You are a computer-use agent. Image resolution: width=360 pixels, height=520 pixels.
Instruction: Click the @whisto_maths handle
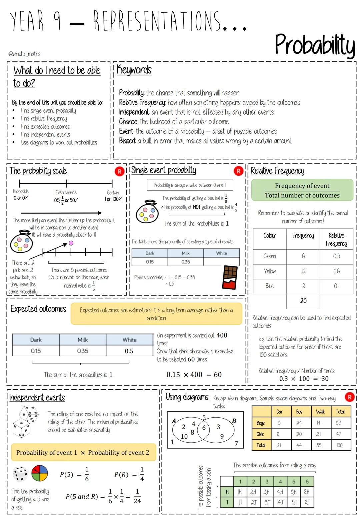pos(24,54)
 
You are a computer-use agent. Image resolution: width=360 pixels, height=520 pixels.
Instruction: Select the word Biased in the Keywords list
pos(127,141)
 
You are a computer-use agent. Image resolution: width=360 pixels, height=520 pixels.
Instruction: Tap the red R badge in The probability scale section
pos(119,171)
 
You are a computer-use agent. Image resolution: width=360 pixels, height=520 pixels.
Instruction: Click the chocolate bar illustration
pos(230,277)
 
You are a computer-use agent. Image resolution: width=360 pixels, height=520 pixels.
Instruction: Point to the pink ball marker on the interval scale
pos(71,243)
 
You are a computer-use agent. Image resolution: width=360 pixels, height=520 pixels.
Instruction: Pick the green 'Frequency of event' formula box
pos(302,190)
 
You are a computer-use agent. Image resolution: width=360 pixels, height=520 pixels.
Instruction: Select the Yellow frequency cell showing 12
pos(303,271)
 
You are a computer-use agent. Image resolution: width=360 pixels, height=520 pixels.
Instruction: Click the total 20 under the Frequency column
pos(303,301)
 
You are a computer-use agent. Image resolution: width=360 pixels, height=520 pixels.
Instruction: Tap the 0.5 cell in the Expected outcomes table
pos(129,351)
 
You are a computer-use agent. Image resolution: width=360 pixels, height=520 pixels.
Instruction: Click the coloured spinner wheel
pos(40,473)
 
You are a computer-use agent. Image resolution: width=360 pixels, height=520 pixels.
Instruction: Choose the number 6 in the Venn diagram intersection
pos(204,428)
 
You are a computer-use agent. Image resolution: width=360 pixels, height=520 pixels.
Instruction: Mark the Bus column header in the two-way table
pos(299,412)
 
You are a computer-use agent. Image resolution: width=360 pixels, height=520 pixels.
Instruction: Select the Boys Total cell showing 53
pos(339,423)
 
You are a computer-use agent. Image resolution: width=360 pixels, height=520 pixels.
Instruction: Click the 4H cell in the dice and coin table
pos(280,492)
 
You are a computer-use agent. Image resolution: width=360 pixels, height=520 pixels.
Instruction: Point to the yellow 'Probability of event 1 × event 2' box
pos(83,452)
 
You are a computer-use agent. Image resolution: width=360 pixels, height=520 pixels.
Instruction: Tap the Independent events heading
pos(37,397)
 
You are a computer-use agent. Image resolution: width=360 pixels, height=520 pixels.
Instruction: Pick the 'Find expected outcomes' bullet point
pos(45,127)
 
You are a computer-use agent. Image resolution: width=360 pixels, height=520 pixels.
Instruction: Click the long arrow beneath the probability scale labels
pos(61,213)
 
